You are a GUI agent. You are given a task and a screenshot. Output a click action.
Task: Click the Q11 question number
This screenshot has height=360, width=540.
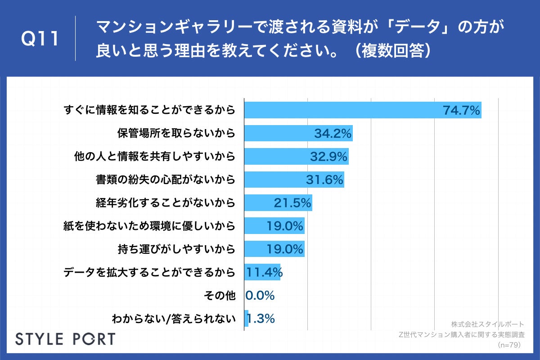coord(40,39)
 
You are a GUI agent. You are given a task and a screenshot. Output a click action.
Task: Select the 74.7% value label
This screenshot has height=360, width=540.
coord(461,110)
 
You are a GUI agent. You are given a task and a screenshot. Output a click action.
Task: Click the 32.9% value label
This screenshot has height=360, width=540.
coord(328,156)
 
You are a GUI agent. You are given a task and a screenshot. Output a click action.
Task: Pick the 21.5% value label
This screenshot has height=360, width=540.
coord(292,203)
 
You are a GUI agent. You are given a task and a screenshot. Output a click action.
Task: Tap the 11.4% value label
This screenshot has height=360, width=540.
coord(264,272)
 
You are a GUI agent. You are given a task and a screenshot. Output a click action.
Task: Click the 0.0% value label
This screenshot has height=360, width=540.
coord(260,296)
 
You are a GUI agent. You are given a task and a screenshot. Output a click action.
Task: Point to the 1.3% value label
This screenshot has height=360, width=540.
coord(261,319)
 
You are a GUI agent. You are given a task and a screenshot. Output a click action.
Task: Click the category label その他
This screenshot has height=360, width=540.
coord(220,296)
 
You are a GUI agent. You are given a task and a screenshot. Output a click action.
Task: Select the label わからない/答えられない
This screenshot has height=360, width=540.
coord(174,319)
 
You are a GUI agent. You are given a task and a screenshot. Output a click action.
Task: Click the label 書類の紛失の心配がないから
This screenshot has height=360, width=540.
coord(166,180)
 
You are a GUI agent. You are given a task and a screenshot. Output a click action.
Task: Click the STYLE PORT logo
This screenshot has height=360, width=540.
coord(65,339)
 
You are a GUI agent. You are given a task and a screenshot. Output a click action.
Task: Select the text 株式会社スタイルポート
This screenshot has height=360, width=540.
coord(487,324)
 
